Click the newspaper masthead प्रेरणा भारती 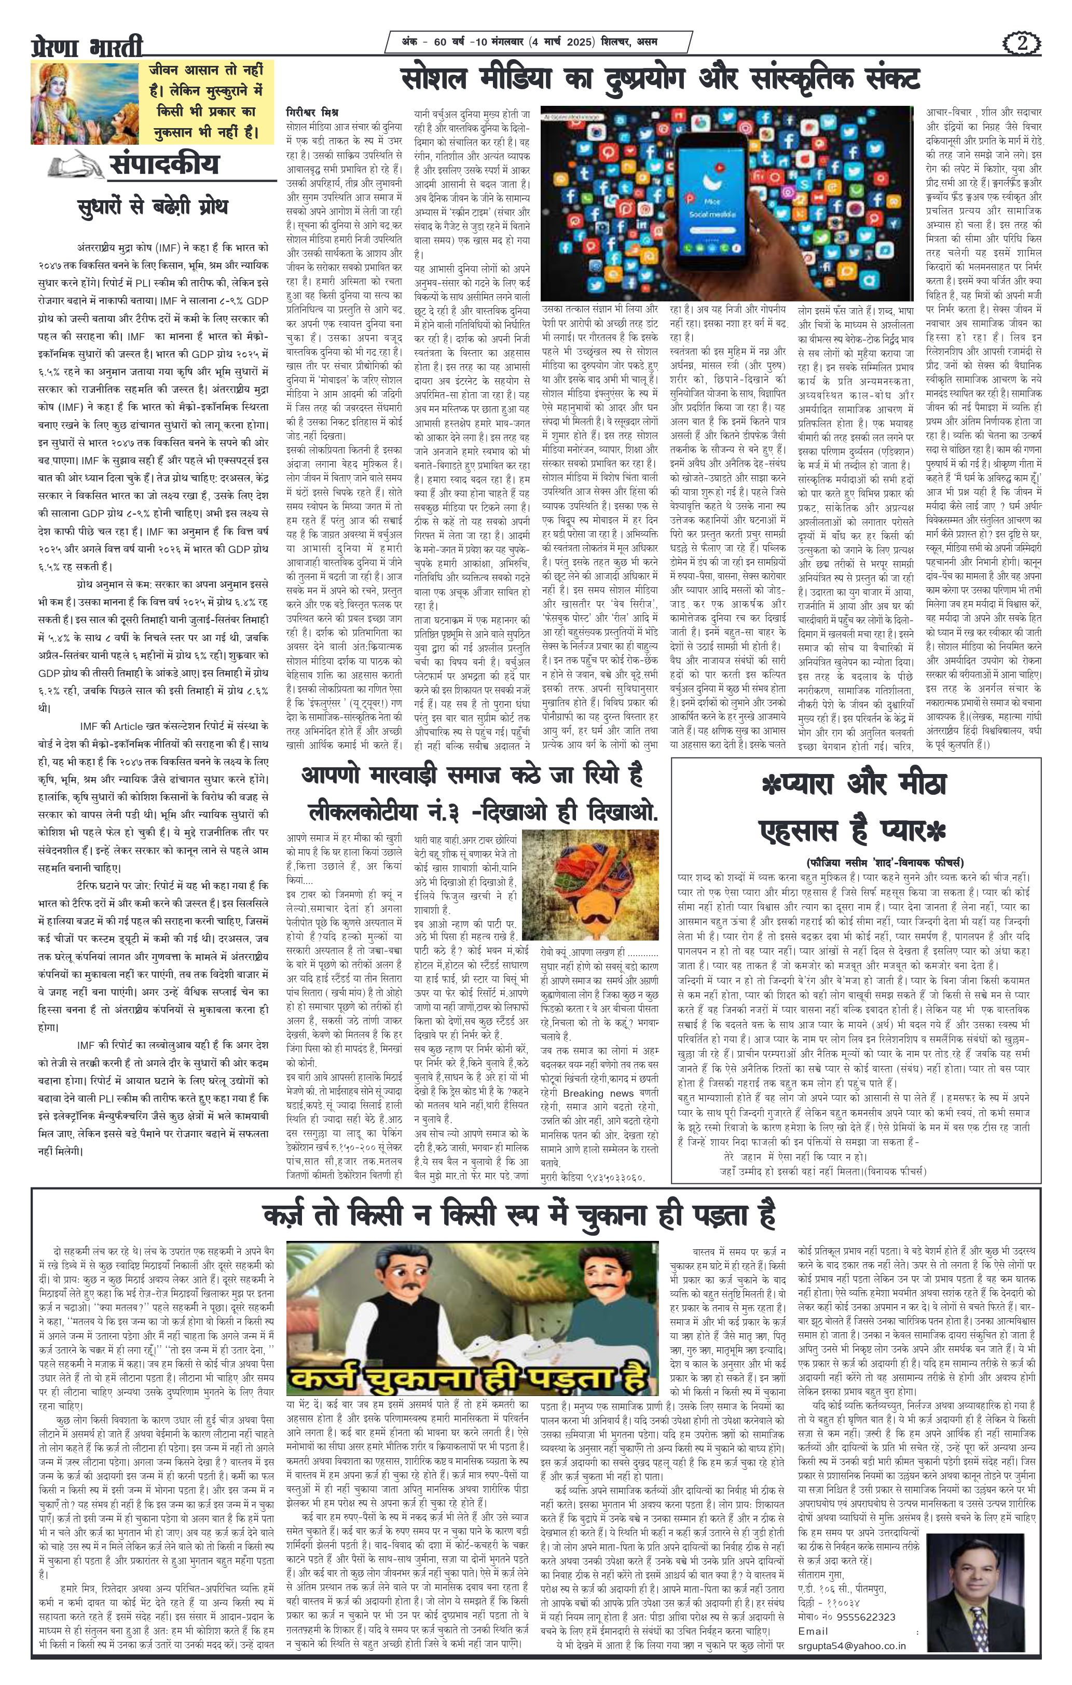(x=87, y=46)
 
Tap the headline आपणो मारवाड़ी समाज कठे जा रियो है (x=472, y=776)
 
